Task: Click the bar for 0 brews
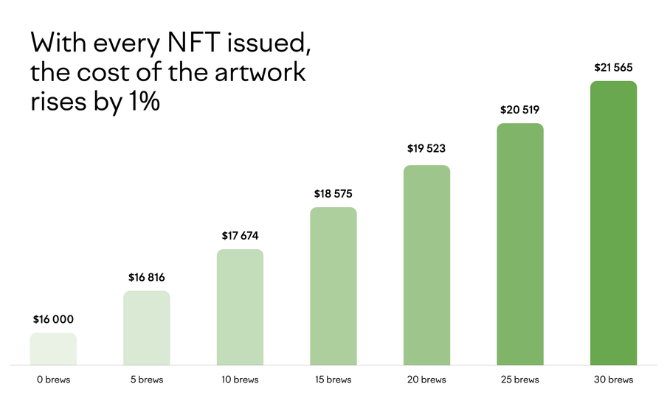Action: (53, 349)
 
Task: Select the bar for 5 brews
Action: (146, 328)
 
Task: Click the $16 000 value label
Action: (53, 320)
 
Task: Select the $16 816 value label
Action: (146, 278)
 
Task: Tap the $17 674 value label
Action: (240, 236)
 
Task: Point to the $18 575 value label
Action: (333, 195)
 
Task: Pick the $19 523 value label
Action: (426, 149)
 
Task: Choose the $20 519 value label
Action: (520, 111)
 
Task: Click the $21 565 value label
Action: (613, 68)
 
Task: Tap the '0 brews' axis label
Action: (53, 380)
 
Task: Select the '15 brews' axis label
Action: (333, 380)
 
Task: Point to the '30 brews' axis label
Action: (613, 380)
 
